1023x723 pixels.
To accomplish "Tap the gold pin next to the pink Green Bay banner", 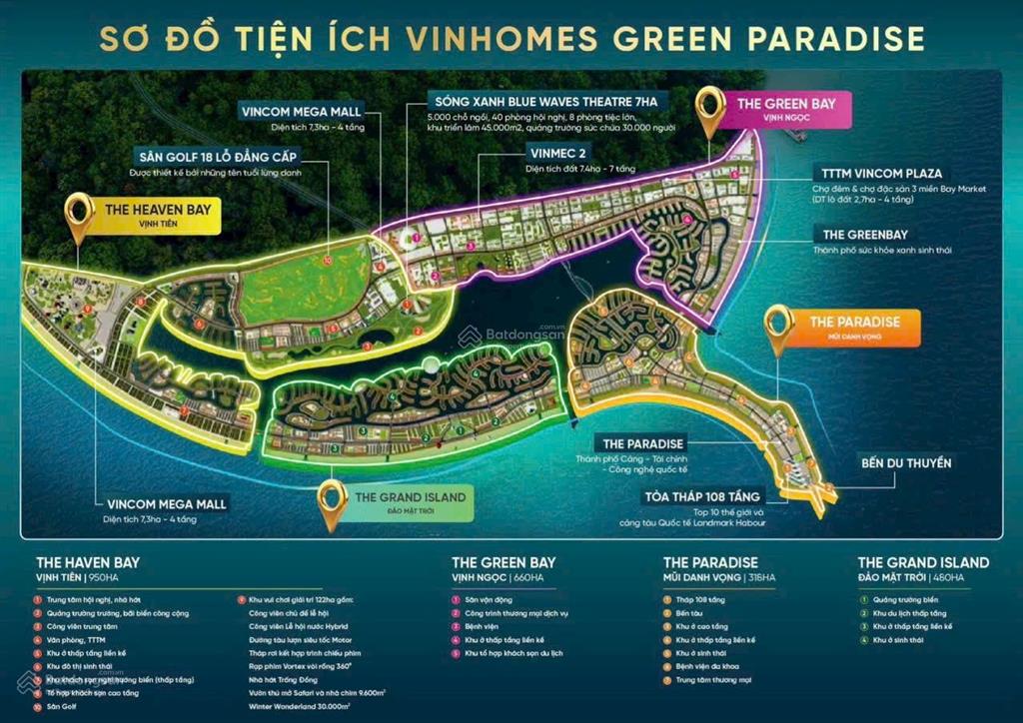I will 711,110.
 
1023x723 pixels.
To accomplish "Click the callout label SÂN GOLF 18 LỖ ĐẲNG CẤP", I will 221,157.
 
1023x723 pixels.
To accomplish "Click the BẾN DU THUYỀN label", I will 906,463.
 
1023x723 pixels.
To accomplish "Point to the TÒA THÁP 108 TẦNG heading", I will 703,496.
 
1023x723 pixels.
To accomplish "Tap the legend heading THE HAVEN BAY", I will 88,562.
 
